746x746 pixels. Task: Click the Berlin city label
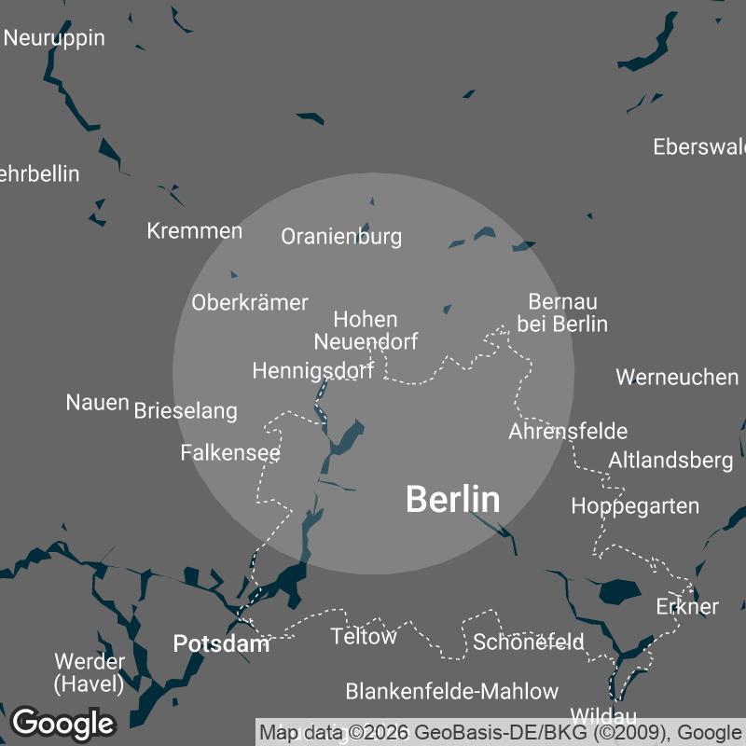(452, 500)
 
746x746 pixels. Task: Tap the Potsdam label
(221, 643)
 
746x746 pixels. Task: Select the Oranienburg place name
(341, 237)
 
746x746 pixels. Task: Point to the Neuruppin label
(54, 38)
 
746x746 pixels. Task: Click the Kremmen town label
(195, 230)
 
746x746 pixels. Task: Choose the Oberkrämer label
(249, 302)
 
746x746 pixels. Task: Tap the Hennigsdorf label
(312, 371)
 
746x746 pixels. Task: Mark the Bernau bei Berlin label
(562, 312)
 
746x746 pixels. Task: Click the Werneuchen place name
(677, 377)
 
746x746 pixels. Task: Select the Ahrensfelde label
(568, 431)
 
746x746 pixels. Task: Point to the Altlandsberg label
(670, 460)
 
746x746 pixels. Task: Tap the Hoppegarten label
(635, 506)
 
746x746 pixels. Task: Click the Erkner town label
(687, 606)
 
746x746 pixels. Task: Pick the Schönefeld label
(529, 642)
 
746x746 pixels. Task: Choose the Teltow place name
(364, 637)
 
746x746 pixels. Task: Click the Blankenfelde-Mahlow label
(451, 691)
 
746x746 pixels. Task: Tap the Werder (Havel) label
(90, 672)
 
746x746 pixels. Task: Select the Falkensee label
(230, 452)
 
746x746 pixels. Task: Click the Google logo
(62, 723)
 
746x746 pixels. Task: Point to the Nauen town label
(97, 403)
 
